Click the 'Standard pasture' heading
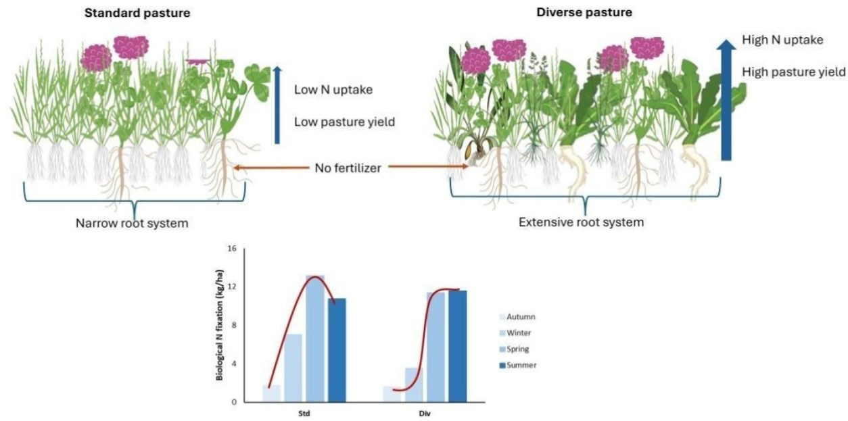137,12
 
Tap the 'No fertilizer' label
348,168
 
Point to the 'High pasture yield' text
793,71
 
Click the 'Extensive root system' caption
581,222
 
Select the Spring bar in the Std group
315,338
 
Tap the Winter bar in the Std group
293,368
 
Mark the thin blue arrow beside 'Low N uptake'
277,104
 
